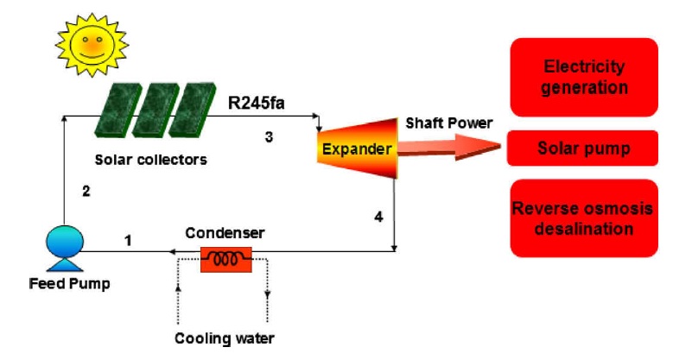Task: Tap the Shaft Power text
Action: click(449, 123)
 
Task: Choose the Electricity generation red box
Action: click(584, 77)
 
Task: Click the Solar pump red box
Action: click(584, 148)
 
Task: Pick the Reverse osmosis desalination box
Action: click(584, 218)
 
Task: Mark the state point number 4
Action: click(378, 217)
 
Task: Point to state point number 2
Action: click(86, 192)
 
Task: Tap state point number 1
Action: click(128, 239)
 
